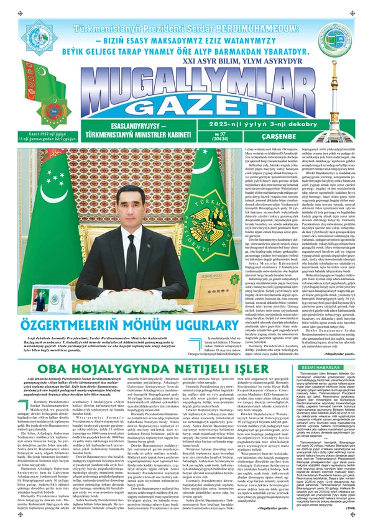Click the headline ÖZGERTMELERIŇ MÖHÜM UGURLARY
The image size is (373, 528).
[x=121, y=321]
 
